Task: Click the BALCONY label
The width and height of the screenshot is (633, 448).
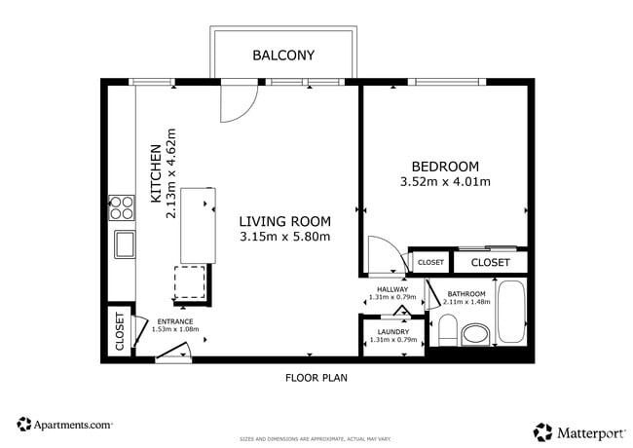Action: click(x=283, y=56)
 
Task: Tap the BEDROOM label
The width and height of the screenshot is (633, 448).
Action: click(x=445, y=166)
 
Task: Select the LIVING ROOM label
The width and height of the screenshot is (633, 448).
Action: click(x=285, y=220)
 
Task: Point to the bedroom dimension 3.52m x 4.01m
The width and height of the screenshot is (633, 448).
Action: click(x=445, y=181)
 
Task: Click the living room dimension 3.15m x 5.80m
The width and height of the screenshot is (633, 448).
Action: click(x=285, y=236)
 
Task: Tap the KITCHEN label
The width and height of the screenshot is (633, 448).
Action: click(x=155, y=174)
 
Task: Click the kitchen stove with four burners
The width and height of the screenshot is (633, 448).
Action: click(x=122, y=206)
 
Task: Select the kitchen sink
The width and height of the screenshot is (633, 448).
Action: click(x=124, y=243)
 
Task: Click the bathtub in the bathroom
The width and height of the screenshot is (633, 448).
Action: click(x=510, y=312)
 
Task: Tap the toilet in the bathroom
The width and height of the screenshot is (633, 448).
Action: click(x=446, y=331)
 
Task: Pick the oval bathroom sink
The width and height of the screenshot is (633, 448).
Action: click(x=475, y=334)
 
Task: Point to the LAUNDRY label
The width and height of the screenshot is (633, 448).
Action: click(x=393, y=331)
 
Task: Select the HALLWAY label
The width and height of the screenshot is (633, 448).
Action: click(x=393, y=288)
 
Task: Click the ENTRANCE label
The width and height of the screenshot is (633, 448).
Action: click(x=174, y=321)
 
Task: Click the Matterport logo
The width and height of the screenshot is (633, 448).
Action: click(x=578, y=430)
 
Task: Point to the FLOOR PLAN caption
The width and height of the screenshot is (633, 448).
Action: click(x=316, y=377)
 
